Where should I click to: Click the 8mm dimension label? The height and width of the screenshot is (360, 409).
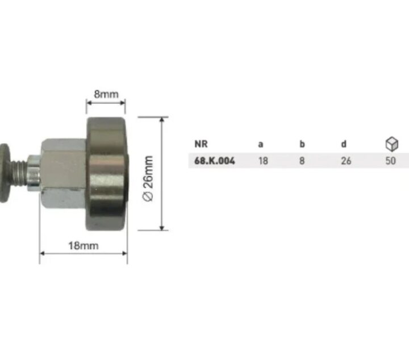(x=106, y=94)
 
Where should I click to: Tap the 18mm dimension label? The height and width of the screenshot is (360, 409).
(x=84, y=245)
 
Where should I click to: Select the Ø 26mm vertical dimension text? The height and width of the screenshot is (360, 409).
(x=148, y=178)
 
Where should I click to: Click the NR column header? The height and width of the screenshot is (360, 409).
(x=201, y=144)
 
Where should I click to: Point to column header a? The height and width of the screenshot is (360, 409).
(x=261, y=144)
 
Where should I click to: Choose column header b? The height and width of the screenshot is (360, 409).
(x=302, y=144)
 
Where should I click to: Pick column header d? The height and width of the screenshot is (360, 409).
(x=344, y=144)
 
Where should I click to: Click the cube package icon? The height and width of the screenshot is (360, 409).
(x=392, y=144)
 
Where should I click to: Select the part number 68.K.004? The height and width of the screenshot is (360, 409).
(x=215, y=161)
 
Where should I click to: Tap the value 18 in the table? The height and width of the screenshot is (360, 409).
(x=263, y=161)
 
